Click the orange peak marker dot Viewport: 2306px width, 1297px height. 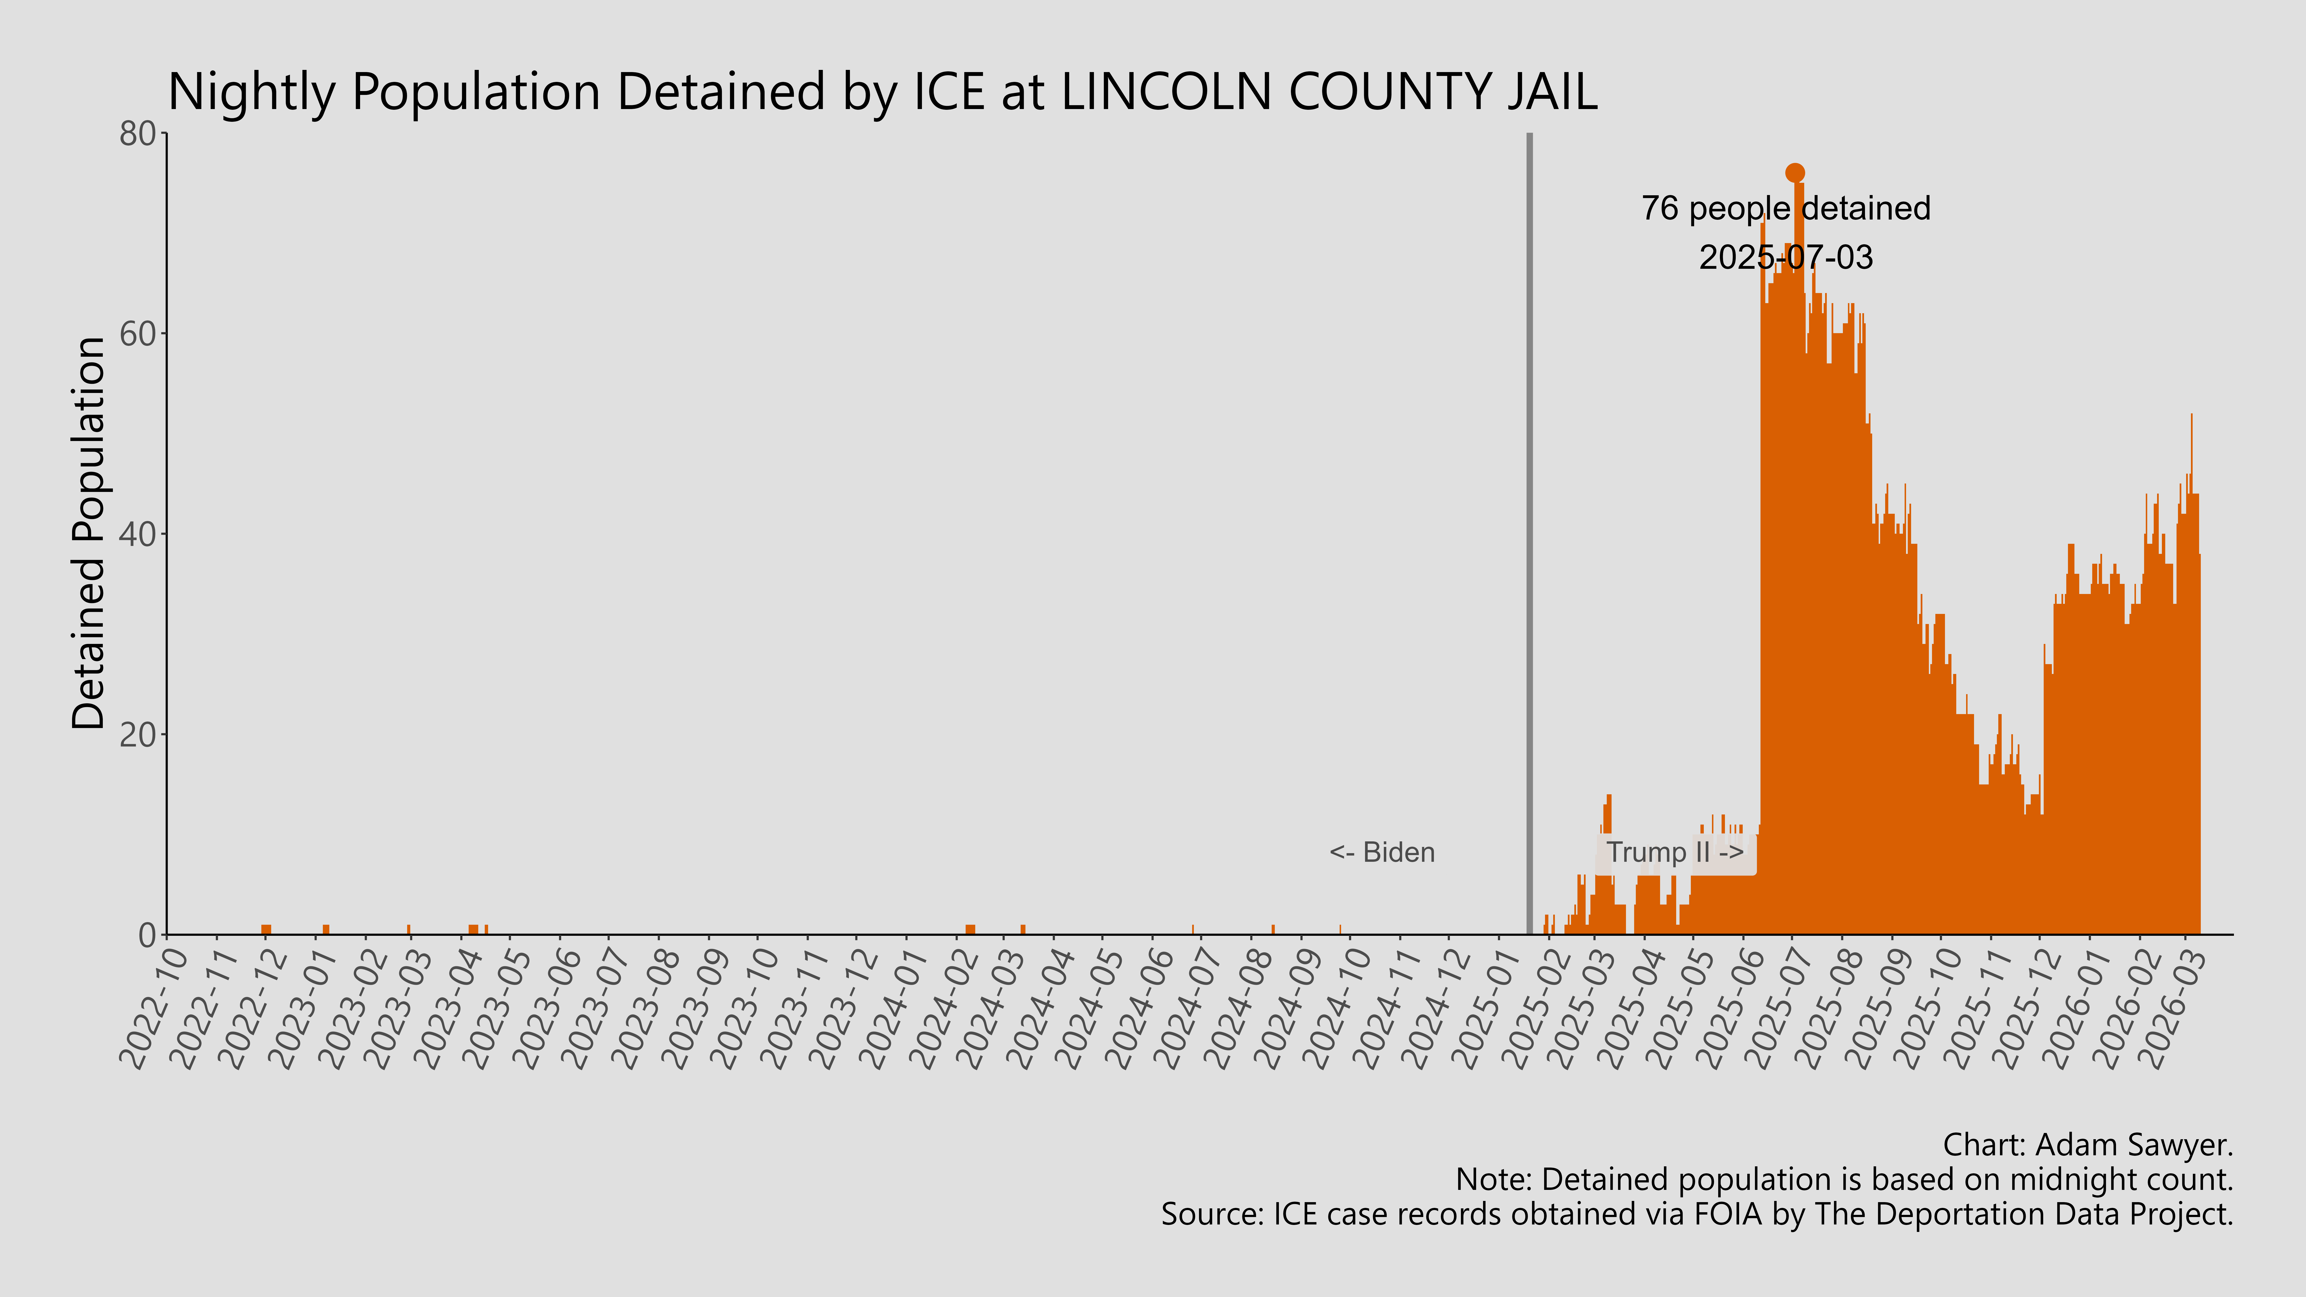click(x=1794, y=173)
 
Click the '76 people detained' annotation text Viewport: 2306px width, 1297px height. click(x=1785, y=208)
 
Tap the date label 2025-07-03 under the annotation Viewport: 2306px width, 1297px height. click(x=1785, y=258)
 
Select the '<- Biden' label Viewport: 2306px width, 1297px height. click(x=1381, y=852)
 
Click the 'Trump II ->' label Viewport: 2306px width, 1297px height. click(x=1674, y=852)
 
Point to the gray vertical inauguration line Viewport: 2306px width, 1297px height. click(x=1529, y=537)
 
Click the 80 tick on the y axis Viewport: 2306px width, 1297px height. click(x=139, y=134)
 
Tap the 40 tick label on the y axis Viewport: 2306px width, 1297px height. click(x=139, y=534)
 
